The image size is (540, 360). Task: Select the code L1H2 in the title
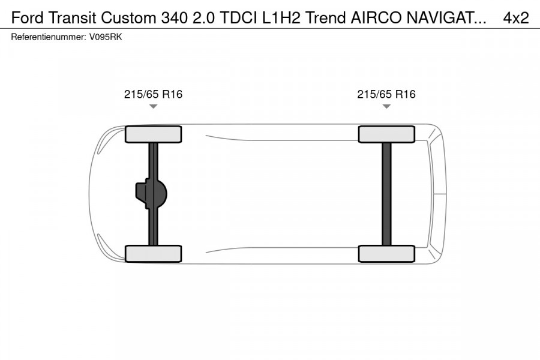[x=282, y=18]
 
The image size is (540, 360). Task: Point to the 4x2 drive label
[x=516, y=18]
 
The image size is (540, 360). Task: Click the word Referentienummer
[x=47, y=37]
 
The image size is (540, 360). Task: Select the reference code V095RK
[x=106, y=37]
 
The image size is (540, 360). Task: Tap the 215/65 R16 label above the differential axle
[x=153, y=94]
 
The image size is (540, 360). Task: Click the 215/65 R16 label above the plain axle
[x=386, y=94]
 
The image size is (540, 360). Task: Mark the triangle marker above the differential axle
[x=153, y=106]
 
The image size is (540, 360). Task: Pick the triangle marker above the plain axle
[x=386, y=106]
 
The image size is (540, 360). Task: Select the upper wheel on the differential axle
[x=153, y=134]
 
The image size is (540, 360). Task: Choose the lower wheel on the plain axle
[x=386, y=253]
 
